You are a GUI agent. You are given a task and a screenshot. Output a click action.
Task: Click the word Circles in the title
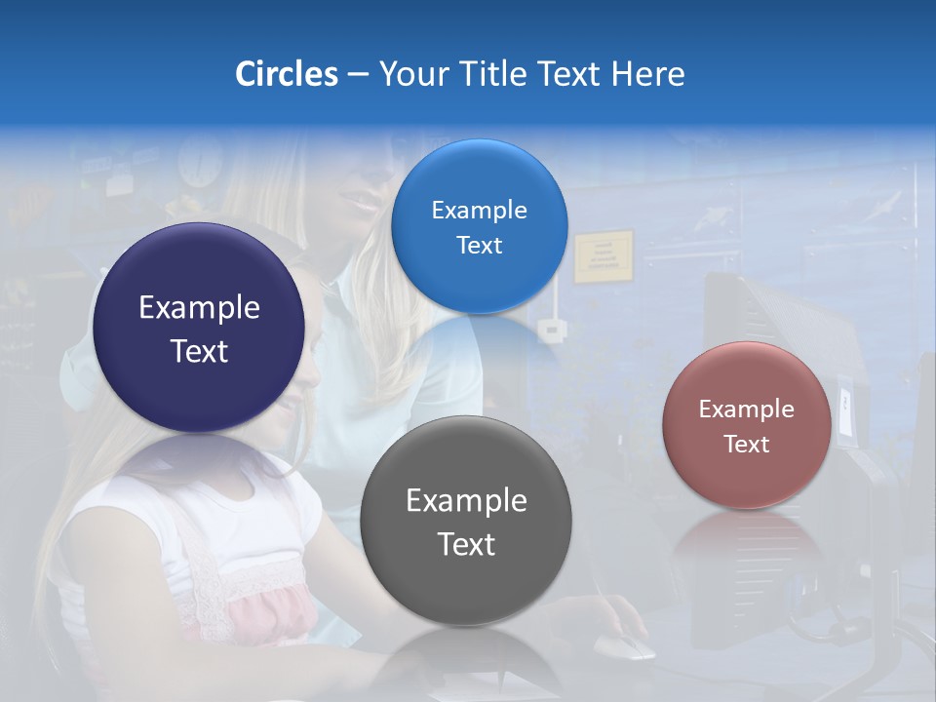[x=286, y=74]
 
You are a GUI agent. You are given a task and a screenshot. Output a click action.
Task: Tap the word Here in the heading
[x=647, y=74]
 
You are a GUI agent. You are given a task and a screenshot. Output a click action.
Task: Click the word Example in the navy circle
[x=199, y=308]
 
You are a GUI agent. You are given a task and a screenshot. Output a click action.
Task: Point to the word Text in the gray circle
[x=466, y=544]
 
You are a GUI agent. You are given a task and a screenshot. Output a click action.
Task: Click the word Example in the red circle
[x=747, y=409]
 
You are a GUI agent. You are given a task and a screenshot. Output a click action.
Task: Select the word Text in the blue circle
[x=479, y=246]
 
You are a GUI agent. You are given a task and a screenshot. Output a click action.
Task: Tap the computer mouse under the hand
[x=623, y=644]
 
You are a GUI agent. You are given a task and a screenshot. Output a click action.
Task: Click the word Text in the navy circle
[x=199, y=351]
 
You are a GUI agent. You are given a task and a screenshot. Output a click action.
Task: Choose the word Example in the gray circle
[x=466, y=501]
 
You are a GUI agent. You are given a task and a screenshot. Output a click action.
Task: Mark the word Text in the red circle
[x=747, y=445]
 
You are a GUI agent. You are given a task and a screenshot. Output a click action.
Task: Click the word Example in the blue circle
[x=479, y=211]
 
